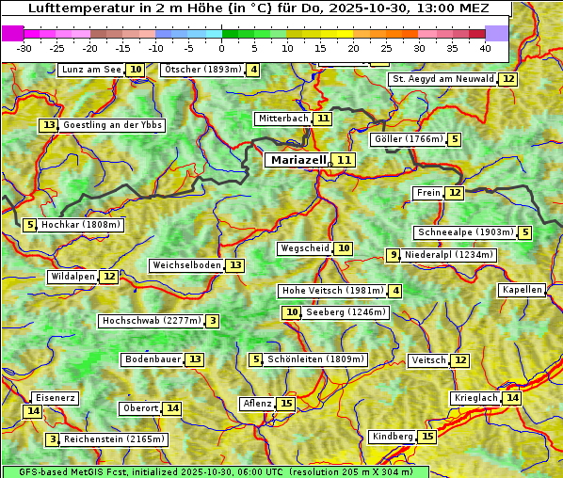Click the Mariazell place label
(298, 160)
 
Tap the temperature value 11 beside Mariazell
(345, 160)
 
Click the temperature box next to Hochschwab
(214, 321)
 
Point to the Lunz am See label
(91, 70)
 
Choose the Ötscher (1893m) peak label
(202, 70)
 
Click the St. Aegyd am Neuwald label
(442, 79)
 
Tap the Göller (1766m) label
(407, 139)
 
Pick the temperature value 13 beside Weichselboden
(235, 265)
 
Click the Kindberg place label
(392, 437)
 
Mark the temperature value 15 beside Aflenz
(287, 404)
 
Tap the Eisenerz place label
(55, 398)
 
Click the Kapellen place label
(523, 290)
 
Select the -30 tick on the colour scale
(24, 48)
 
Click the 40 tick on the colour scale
(485, 48)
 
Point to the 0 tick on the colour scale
(221, 48)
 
